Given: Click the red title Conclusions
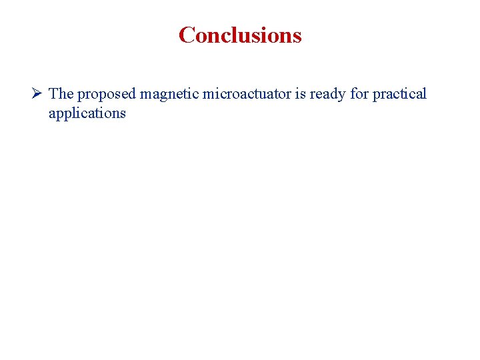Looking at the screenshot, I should pos(240,35).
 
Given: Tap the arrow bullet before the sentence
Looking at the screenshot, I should pos(37,93).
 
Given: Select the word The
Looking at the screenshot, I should pos(61,93).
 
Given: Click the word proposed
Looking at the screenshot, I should pos(106,95).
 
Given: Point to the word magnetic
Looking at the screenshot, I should pos(169,95).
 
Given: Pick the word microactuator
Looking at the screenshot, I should pos(247,93).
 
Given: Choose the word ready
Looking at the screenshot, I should pos(327,95).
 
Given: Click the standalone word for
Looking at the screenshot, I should pos(359,93).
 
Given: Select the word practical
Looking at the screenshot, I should pos(399,95).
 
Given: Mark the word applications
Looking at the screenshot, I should pos(87,113).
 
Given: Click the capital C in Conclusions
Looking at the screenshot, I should pos(187,35).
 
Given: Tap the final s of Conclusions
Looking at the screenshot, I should pos(297,36).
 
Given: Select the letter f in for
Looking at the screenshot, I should pos(353,93).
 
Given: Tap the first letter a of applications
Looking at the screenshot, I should pos(52,114).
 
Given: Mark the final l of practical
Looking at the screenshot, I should pos(424,93).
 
